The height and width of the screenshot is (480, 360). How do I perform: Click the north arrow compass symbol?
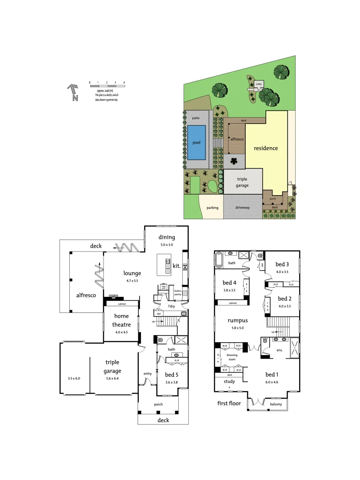pyautogui.click(x=72, y=92)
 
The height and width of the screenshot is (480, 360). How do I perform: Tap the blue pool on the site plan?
pyautogui.click(x=196, y=143)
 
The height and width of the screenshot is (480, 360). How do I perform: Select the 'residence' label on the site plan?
pyautogui.click(x=265, y=148)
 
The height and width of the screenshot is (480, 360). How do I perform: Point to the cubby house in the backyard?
pyautogui.click(x=258, y=84)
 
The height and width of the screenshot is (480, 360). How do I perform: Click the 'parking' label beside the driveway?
pyautogui.click(x=212, y=208)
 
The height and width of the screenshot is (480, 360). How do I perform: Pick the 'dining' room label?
pyautogui.click(x=167, y=237)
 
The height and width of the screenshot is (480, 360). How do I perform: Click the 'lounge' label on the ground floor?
pyautogui.click(x=132, y=273)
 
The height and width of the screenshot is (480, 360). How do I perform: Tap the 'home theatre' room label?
pyautogui.click(x=121, y=320)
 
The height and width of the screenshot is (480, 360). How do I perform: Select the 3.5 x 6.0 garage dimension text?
pyautogui.click(x=74, y=378)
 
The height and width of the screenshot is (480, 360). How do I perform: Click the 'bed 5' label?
pyautogui.click(x=172, y=375)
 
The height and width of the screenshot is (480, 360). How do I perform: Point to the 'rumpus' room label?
pyautogui.click(x=237, y=320)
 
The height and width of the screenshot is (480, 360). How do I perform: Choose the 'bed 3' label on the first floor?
pyautogui.click(x=282, y=264)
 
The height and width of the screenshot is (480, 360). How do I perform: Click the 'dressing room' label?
pyautogui.click(x=232, y=357)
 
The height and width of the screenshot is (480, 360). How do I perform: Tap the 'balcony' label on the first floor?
pyautogui.click(x=276, y=404)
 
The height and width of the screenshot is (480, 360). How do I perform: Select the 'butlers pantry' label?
pyautogui.click(x=178, y=292)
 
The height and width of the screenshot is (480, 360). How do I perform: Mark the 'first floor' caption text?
pyautogui.click(x=229, y=403)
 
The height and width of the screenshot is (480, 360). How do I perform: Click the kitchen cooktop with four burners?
pyautogui.click(x=184, y=267)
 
